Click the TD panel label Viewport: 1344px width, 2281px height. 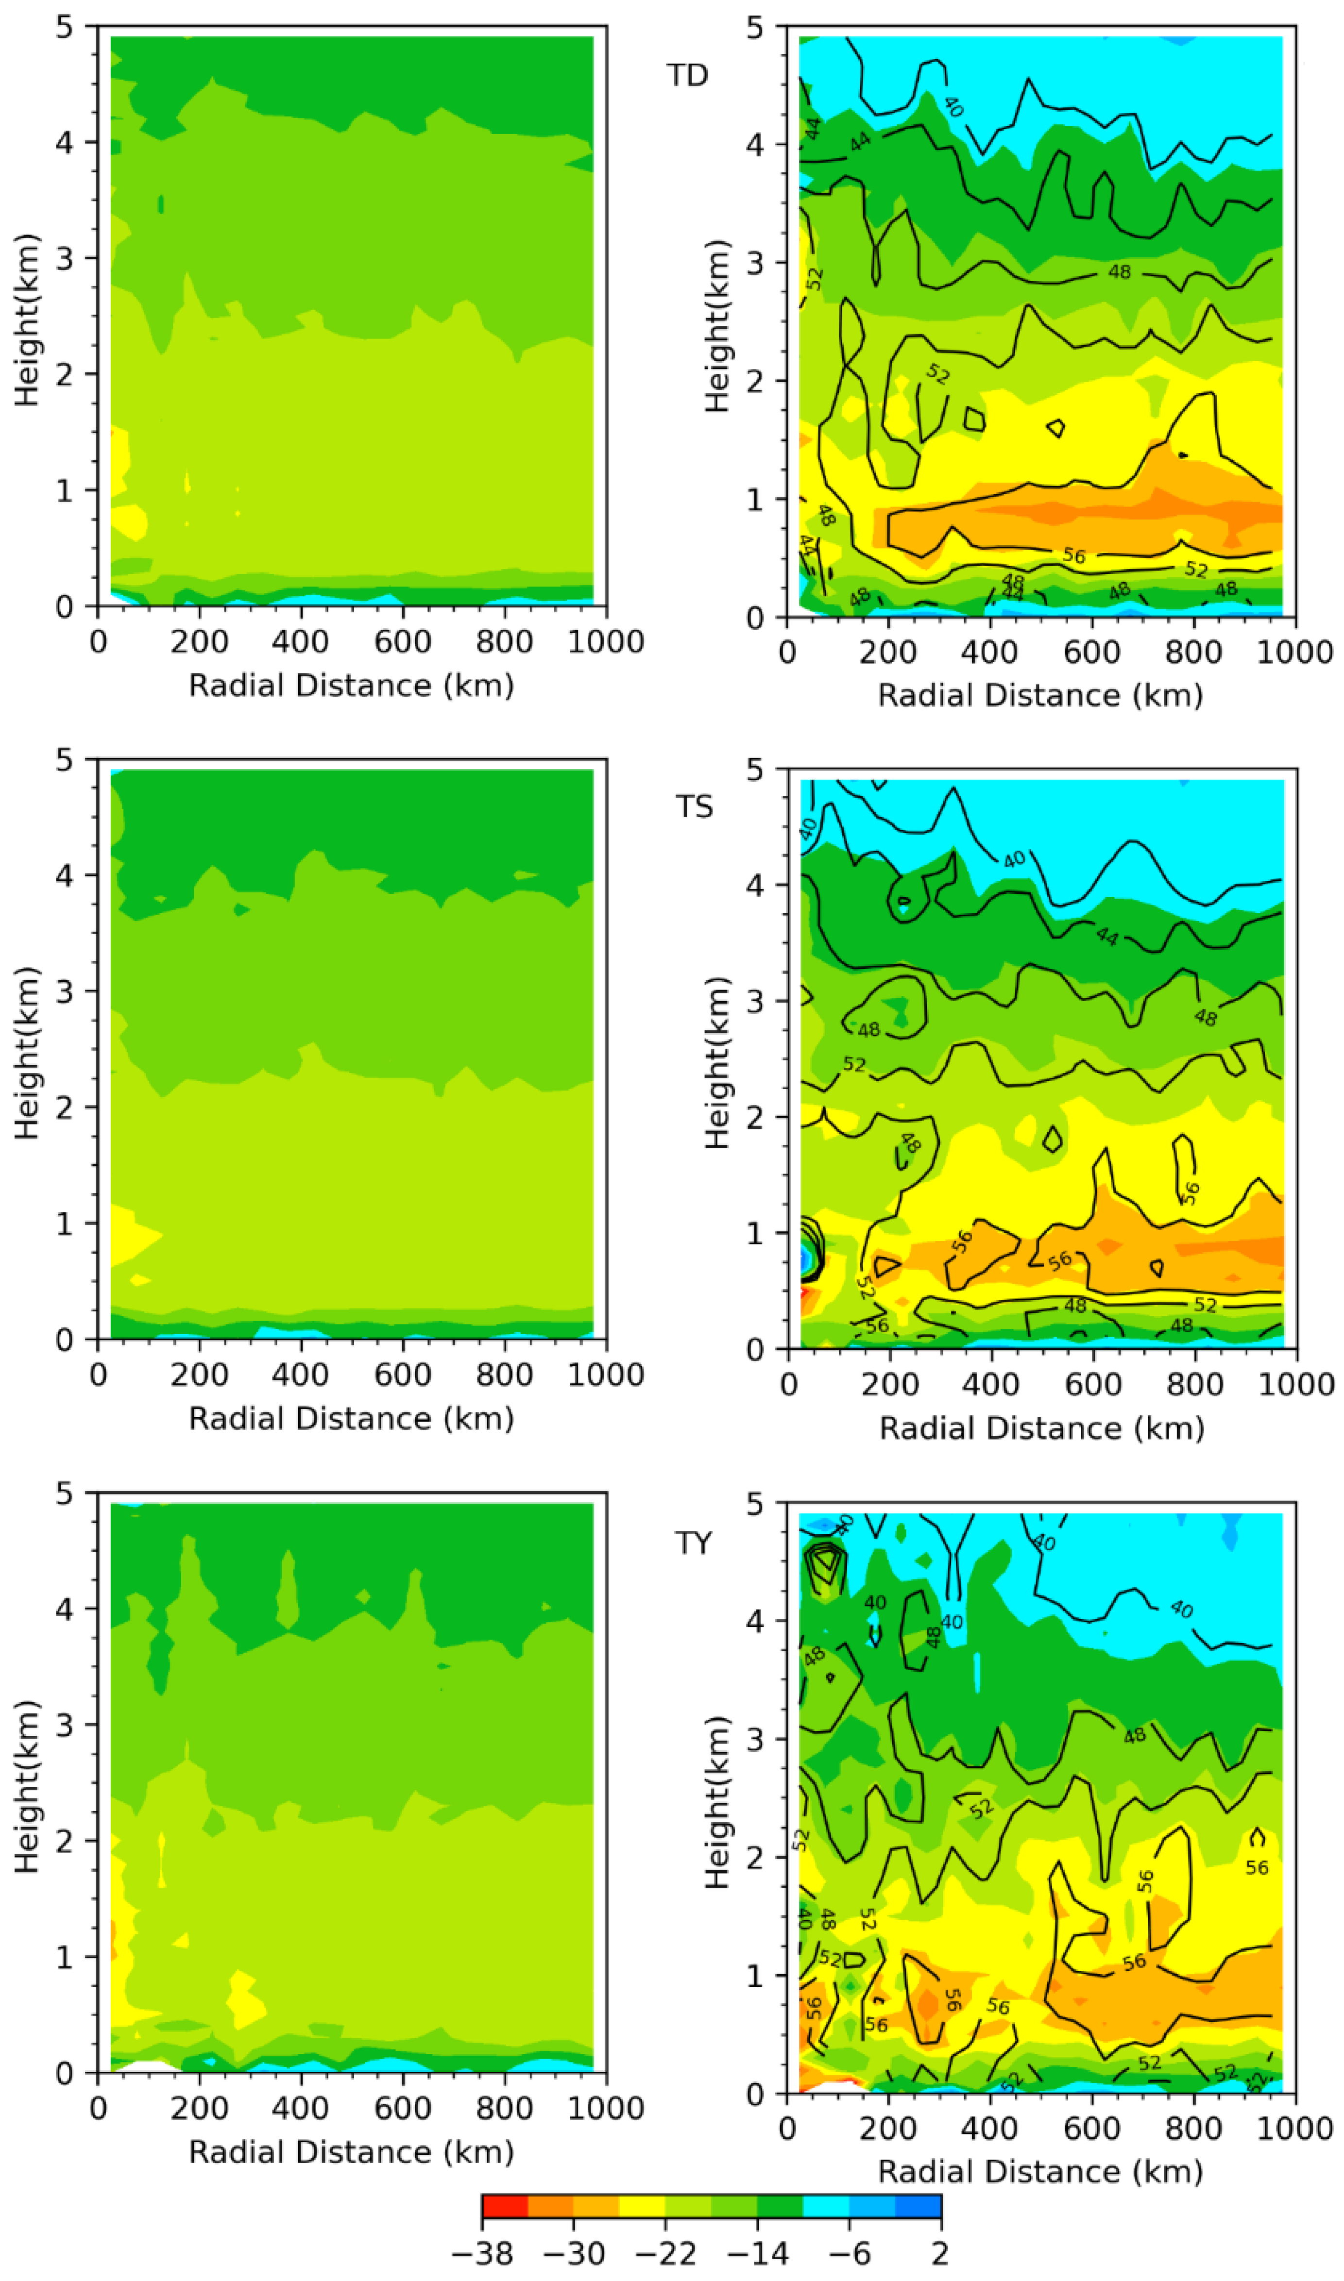(x=687, y=75)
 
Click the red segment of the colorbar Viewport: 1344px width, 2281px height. (x=505, y=2206)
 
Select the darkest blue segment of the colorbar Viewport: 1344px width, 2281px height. (x=919, y=2206)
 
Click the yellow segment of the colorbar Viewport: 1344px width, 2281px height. (x=642, y=2206)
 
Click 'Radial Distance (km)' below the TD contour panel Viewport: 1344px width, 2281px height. (x=1040, y=695)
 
